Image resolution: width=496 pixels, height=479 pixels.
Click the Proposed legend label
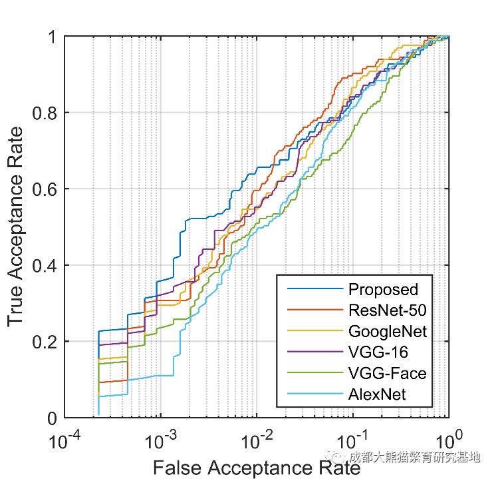pos(382,290)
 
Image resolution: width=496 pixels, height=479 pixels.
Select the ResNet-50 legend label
pos(387,310)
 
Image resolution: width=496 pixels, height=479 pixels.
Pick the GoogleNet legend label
pos(387,331)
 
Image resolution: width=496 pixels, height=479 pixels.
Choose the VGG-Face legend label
pos(387,374)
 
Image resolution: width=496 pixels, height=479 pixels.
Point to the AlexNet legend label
pos(377,394)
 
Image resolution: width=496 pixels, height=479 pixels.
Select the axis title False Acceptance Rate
pos(256,468)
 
